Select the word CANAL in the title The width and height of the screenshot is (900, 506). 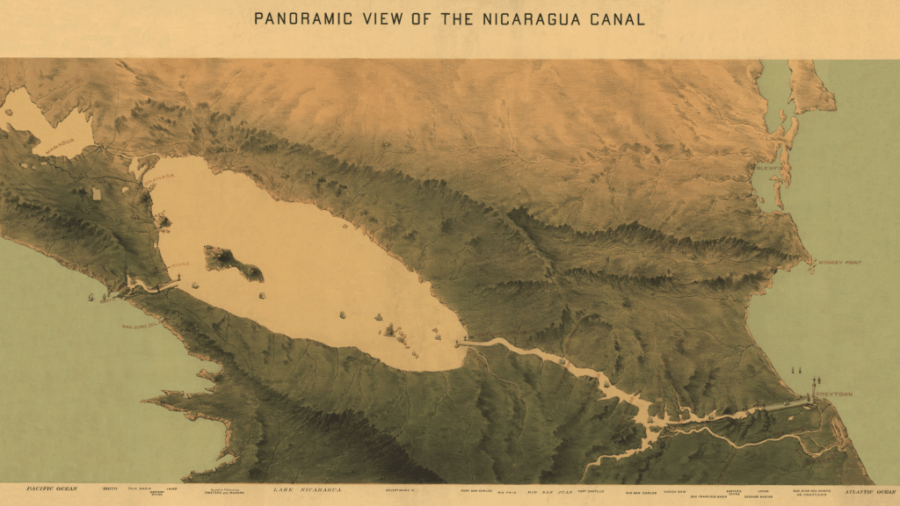point(616,18)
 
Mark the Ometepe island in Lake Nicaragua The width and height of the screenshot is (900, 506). point(233,263)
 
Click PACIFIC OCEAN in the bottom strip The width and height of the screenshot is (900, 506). point(52,488)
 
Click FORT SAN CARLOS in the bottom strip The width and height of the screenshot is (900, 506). point(477,489)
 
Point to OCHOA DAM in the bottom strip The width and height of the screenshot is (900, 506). point(675,488)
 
